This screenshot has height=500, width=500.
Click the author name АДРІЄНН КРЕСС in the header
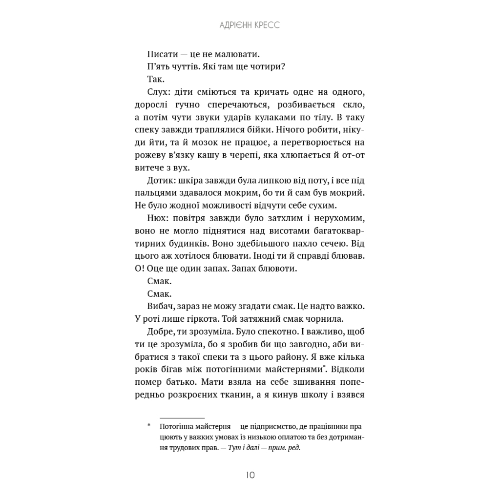(250, 25)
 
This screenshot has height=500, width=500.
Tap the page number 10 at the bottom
(250, 475)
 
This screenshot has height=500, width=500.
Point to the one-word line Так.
(156, 79)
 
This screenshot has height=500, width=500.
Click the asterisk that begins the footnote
(149, 426)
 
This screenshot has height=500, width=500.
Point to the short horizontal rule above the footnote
(182, 418)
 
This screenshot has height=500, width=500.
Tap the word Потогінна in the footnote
(178, 426)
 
